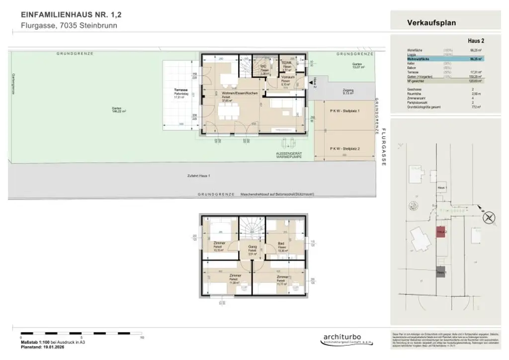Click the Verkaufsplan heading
[x=431, y=22]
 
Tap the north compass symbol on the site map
[x=489, y=218]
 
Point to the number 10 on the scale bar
[x=142, y=337]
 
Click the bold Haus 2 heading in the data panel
[x=476, y=41]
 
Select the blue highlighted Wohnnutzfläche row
[x=437, y=59]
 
